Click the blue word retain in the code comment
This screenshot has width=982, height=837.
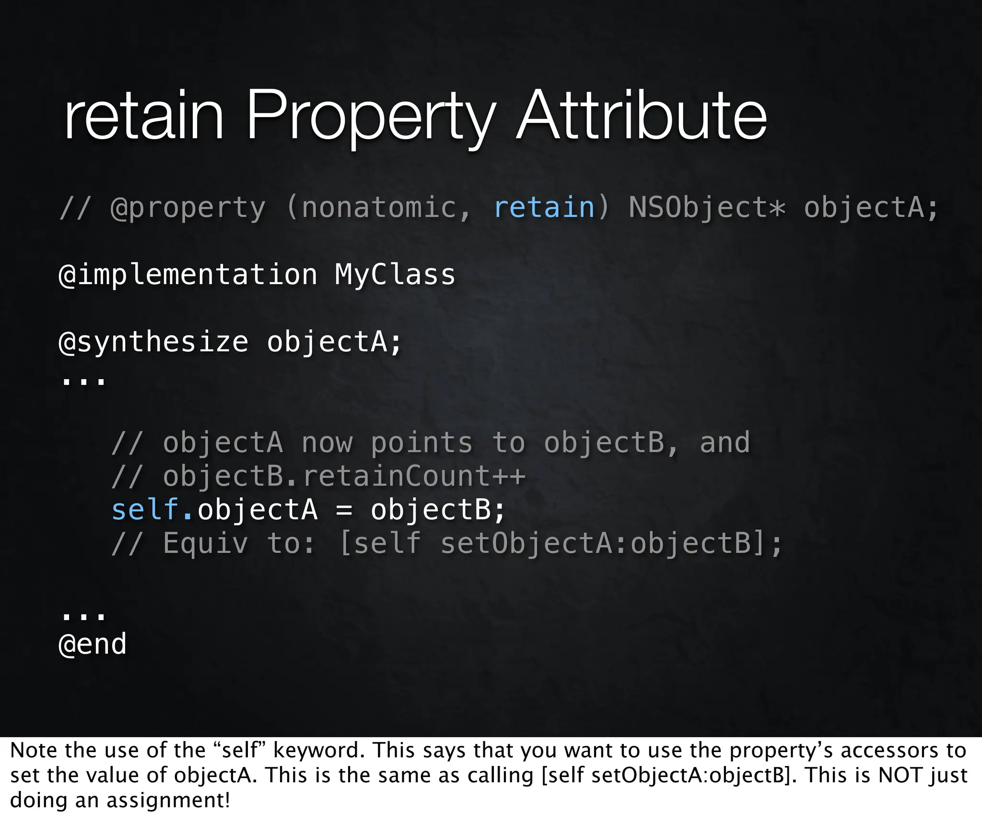[x=544, y=207]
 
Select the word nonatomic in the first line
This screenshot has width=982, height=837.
[x=379, y=207]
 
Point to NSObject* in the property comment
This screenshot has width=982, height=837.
[x=707, y=207]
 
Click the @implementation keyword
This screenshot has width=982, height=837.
[x=187, y=275]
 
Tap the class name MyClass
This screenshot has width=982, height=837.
[x=395, y=275]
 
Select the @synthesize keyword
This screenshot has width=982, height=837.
[x=153, y=342]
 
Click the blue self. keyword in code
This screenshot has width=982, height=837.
[x=152, y=509]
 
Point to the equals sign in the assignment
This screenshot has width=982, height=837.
[x=344, y=510]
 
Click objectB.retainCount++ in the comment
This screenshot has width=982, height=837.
[x=344, y=476]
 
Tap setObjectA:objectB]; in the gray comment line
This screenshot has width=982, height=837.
[x=611, y=543]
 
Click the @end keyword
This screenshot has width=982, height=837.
[x=92, y=644]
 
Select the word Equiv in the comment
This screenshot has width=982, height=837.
[x=205, y=543]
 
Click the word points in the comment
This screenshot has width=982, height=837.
[x=421, y=442]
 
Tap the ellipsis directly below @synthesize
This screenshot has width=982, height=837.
[x=83, y=382]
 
